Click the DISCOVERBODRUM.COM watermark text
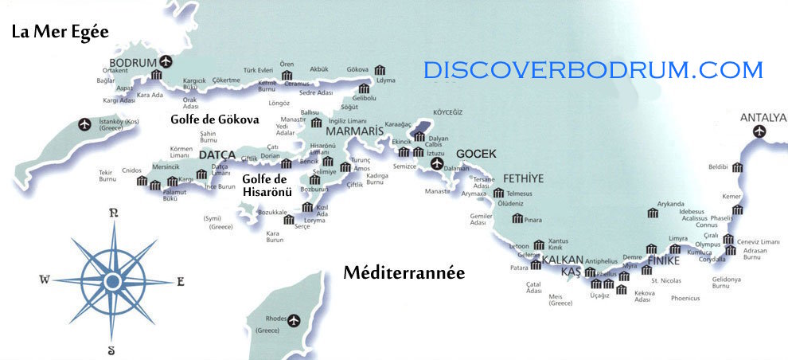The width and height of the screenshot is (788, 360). tap(593, 70)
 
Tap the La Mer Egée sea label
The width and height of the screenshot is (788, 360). tap(60, 33)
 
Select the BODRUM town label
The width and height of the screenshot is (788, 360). tap(132, 62)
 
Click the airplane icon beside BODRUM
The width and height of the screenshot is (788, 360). tap(166, 61)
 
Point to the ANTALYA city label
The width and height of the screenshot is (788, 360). tap(763, 118)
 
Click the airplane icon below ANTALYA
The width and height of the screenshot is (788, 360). tap(759, 131)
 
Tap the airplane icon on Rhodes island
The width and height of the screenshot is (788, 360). tap(295, 320)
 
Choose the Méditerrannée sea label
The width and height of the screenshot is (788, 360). tap(404, 273)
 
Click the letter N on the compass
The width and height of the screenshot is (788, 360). tap(114, 213)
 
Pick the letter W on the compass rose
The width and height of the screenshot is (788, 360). tap(45, 280)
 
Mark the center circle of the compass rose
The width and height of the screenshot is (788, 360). tap(113, 280)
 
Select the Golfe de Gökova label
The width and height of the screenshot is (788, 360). tap(215, 119)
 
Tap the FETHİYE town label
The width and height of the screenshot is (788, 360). tap(523, 178)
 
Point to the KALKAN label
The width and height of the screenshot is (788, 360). tap(563, 259)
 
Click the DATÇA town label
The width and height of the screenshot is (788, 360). tap(217, 155)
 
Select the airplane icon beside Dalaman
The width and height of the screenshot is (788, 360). tap(436, 164)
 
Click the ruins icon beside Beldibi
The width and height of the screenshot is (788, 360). tap(738, 167)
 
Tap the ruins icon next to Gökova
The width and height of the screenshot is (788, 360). tap(380, 70)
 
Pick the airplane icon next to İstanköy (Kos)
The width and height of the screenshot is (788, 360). tap(85, 124)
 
